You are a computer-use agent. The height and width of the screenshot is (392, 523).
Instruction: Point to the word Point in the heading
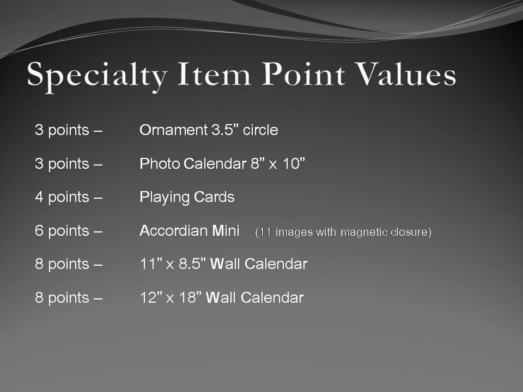tap(310, 74)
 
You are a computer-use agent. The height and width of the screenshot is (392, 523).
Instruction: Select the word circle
tap(260, 130)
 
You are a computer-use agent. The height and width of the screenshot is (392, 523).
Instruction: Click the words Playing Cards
tap(187, 197)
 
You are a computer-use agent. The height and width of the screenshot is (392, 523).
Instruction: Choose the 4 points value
tap(62, 197)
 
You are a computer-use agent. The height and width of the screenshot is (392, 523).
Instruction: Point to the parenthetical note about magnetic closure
tap(343, 232)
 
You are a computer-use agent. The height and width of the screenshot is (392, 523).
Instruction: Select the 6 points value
tap(62, 231)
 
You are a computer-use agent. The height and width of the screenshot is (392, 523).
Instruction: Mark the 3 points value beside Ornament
tap(62, 130)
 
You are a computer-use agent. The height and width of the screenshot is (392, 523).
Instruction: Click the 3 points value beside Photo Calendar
tap(62, 163)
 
